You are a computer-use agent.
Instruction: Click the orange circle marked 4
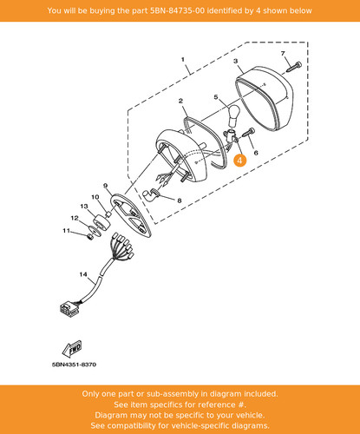point(240,161)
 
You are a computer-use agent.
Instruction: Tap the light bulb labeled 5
point(233,116)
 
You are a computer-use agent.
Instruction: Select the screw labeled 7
point(294,67)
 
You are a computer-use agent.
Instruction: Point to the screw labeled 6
point(249,133)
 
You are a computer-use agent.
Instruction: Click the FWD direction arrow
point(72,349)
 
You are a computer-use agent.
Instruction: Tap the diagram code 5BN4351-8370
point(74,365)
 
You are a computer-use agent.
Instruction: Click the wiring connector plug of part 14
point(69,308)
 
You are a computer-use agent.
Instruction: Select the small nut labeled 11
point(90,237)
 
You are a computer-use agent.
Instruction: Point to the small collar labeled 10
point(109,214)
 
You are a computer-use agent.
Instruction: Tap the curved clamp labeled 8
point(151,194)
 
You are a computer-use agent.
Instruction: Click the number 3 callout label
point(236,61)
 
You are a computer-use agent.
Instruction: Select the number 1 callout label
point(183,59)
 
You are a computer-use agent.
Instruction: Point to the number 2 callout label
point(180,101)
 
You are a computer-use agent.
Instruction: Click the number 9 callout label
point(105,186)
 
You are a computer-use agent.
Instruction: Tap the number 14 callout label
point(83,274)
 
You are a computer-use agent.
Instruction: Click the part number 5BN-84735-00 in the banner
point(177,10)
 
